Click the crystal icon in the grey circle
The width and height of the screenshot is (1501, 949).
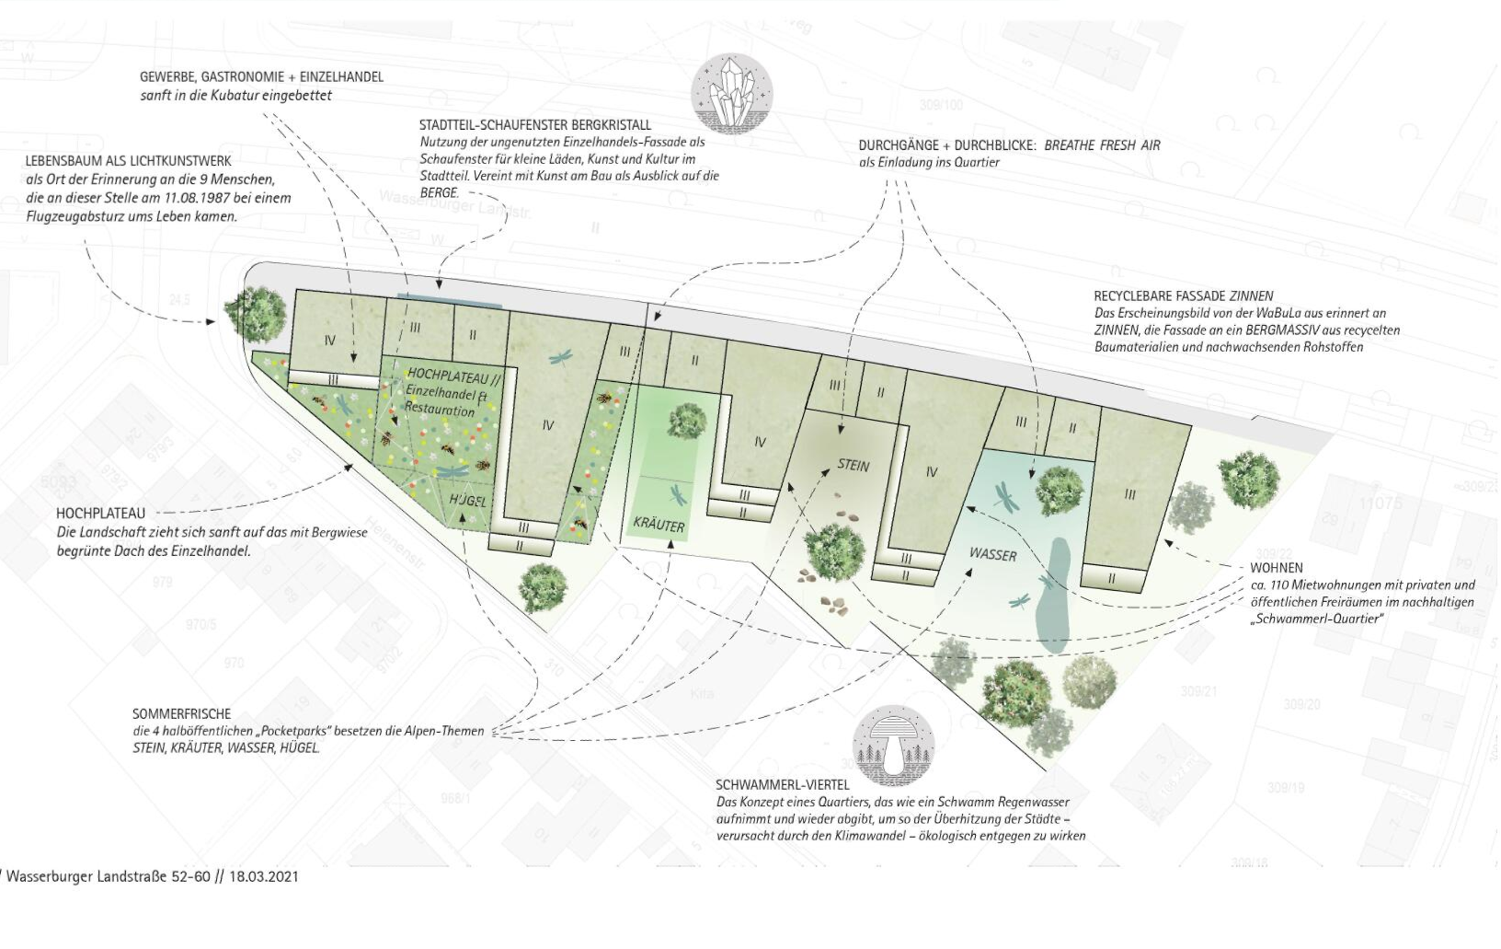pos(731,93)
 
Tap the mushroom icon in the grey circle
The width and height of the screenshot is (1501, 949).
pos(892,746)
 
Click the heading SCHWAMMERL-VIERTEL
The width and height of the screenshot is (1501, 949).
pos(783,785)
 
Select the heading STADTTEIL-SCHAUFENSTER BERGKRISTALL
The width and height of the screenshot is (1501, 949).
pos(534,125)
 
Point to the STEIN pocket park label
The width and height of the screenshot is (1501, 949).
pos(853,466)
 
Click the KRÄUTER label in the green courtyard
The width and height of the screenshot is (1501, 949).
pos(659,526)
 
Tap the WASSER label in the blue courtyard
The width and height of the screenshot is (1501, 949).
pos(993,555)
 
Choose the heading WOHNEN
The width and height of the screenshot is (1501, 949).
pos(1276,568)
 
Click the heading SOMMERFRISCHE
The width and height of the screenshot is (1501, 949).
pos(181,714)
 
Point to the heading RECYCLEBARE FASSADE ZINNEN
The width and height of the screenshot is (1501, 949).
pos(1183,296)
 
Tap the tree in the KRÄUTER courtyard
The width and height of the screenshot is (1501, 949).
pos(685,421)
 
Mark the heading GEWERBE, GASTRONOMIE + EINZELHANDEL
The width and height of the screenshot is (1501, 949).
pos(261,77)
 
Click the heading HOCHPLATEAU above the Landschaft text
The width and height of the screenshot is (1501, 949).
pos(100,514)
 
